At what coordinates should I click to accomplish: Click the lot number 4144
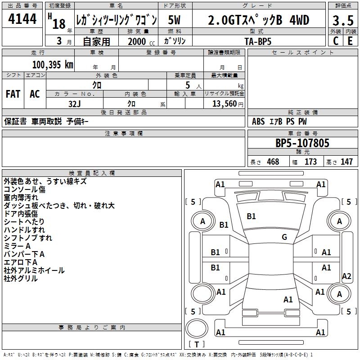point(22,19)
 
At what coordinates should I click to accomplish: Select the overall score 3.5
point(342,20)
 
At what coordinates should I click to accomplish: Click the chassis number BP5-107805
point(302,143)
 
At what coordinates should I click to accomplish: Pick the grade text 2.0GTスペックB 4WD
point(259,20)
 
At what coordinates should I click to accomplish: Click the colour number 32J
point(75,103)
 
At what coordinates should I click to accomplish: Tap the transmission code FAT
point(13,94)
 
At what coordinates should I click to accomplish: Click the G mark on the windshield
point(284,237)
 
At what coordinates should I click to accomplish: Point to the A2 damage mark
point(346,276)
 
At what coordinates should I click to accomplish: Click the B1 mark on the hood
point(251,216)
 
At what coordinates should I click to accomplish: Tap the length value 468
point(273,162)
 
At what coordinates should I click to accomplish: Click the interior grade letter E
point(350,40)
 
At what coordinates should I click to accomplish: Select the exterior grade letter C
point(335,40)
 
